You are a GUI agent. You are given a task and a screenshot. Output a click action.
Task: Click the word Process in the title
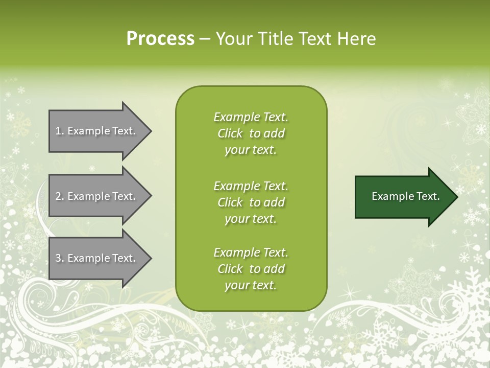(160, 39)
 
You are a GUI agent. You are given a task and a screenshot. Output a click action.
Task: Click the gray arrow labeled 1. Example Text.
(101, 131)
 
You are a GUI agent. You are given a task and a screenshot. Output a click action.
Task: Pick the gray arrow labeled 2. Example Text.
(101, 196)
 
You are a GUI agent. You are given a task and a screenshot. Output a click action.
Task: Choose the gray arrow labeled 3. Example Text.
(101, 258)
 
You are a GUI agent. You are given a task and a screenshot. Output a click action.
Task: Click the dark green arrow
(406, 197)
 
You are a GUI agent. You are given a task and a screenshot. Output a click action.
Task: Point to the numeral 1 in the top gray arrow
(58, 131)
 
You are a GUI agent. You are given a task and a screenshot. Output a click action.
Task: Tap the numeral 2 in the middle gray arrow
(58, 196)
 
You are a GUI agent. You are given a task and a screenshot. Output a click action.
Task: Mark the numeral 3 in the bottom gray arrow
(58, 258)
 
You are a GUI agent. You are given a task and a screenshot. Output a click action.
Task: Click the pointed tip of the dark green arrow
(458, 197)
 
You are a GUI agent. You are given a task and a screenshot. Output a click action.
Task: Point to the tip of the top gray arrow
(152, 131)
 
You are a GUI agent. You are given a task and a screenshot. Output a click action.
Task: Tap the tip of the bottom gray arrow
(152, 258)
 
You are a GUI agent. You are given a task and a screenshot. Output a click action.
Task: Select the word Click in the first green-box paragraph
(230, 133)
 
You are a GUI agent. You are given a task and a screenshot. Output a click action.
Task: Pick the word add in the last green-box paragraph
(274, 268)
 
